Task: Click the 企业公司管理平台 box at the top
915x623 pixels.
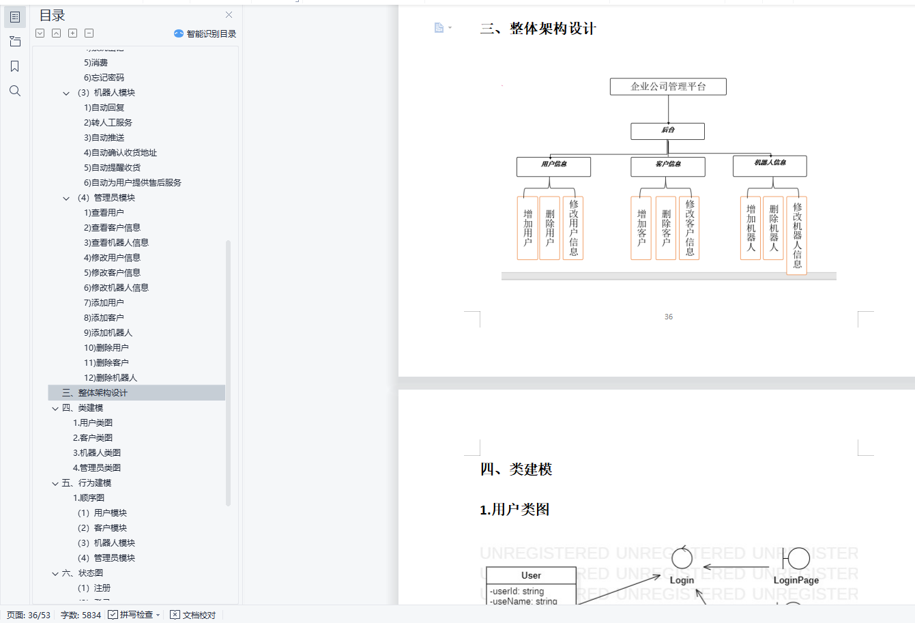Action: (x=668, y=87)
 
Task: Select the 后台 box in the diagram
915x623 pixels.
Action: (x=667, y=130)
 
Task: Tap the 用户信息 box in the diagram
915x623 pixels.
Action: (x=553, y=166)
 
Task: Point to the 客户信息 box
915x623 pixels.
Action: (x=668, y=166)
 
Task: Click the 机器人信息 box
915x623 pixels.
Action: (x=770, y=165)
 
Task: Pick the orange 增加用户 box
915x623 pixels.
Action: (x=527, y=229)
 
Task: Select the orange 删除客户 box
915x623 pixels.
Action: (x=666, y=229)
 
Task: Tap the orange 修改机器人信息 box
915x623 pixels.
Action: (x=797, y=235)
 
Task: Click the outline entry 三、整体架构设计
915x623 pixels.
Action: (x=94, y=393)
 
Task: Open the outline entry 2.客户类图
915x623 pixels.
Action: (x=93, y=438)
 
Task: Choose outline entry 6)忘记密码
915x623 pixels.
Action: (x=104, y=78)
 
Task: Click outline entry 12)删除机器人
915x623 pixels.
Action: (x=111, y=378)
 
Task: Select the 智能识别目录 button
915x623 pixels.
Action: (x=205, y=33)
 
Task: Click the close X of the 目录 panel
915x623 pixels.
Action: (x=229, y=15)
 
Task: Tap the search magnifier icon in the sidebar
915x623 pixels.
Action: (x=15, y=91)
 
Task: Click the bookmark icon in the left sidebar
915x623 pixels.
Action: (x=15, y=66)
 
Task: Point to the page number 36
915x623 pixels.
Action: (x=669, y=317)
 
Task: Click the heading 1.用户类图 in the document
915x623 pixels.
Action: (x=514, y=510)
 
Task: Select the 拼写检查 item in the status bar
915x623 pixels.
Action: (x=135, y=615)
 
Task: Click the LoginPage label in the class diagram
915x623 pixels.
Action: (x=796, y=580)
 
